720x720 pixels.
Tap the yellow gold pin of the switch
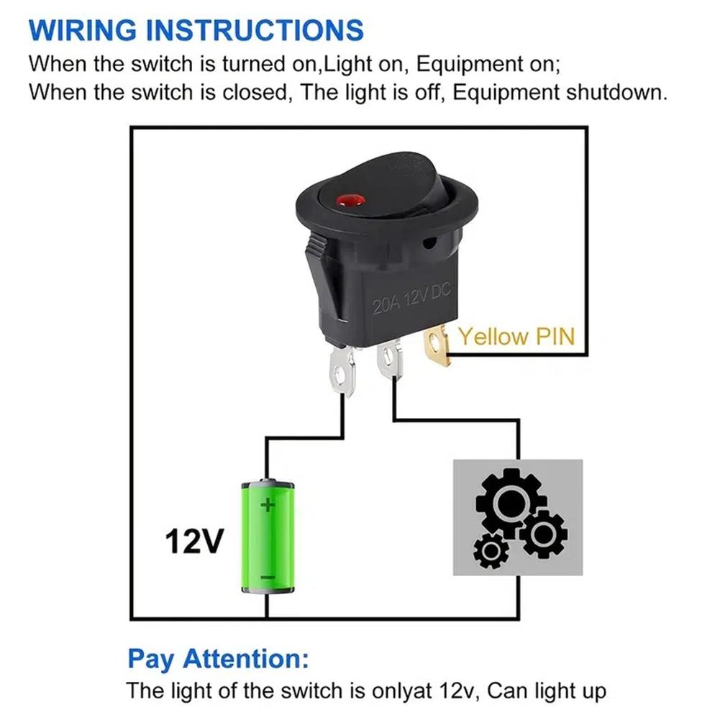[x=437, y=345]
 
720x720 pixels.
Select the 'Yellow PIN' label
[x=516, y=336]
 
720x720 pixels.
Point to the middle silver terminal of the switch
[x=390, y=360]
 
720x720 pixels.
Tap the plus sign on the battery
[x=268, y=505]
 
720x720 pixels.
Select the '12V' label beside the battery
[x=194, y=542]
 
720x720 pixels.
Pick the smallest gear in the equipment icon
[x=492, y=551]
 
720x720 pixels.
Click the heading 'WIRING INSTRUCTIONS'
[x=196, y=30]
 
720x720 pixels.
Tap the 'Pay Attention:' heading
[x=218, y=659]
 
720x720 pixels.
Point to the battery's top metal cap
[x=268, y=482]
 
